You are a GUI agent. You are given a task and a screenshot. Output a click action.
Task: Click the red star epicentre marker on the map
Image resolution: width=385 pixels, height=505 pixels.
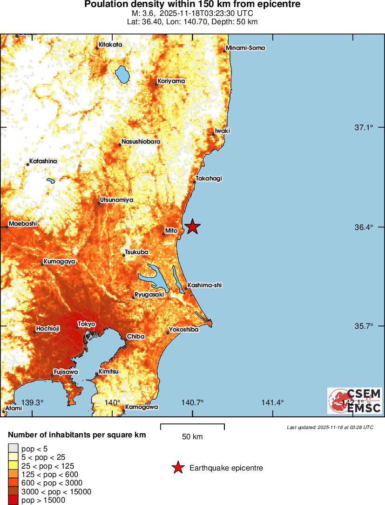[x=192, y=227]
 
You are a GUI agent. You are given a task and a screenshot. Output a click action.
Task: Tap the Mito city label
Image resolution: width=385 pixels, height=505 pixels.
[x=171, y=230]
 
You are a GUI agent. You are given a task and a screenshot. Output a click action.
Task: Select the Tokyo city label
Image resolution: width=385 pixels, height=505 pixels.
[x=87, y=324]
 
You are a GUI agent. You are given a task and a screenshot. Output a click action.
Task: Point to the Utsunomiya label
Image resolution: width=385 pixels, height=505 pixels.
[x=116, y=200]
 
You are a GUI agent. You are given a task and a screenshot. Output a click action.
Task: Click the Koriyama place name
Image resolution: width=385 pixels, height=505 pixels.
[x=171, y=81]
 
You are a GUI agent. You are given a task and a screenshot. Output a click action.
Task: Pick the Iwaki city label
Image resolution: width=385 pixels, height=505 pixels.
[x=223, y=131]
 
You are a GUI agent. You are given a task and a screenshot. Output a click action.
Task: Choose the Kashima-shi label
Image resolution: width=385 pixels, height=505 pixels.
[x=204, y=285]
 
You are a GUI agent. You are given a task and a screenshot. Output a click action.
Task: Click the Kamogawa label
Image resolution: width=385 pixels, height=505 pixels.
[x=142, y=407]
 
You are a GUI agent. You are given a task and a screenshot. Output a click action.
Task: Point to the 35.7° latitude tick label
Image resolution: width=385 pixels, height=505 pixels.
[x=364, y=326]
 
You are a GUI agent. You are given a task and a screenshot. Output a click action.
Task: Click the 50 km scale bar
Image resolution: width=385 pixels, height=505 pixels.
[x=192, y=427]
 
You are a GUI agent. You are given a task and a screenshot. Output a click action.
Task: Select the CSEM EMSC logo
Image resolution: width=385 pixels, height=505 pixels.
[x=355, y=401]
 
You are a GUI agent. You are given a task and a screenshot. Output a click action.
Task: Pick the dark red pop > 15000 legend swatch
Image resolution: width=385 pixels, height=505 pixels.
[x=13, y=500]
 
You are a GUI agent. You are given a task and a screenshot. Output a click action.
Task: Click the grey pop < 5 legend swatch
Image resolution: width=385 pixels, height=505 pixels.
[x=13, y=449]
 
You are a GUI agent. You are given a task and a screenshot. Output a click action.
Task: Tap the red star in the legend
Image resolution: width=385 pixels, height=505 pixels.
[x=178, y=468]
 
